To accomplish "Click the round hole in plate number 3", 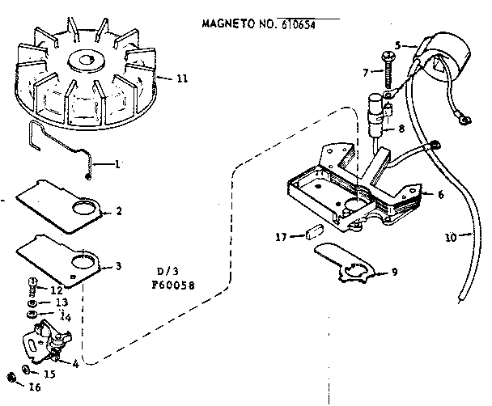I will (x=82, y=260).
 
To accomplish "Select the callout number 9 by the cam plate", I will (x=393, y=272).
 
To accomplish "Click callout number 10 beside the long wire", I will (x=451, y=237).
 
